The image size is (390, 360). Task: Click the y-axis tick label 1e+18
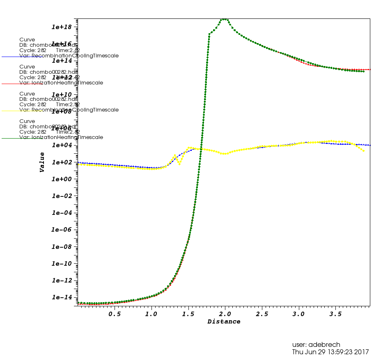point(62,27)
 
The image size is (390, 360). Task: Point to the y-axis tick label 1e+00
point(62,179)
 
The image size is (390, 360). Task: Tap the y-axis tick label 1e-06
point(62,230)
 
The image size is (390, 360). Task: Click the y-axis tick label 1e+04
point(62,146)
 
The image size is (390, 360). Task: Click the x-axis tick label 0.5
point(115,314)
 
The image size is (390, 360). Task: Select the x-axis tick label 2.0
point(225,314)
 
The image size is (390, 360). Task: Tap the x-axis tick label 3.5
point(335,314)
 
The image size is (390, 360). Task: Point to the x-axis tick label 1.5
point(188,314)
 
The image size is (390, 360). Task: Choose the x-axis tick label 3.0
point(298,314)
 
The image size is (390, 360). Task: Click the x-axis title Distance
point(224,322)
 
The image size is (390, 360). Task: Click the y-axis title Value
point(42,162)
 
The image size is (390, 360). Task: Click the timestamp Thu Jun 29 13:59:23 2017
point(330,352)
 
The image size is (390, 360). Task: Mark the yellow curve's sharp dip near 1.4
point(179,164)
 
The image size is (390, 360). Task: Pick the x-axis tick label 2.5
point(262,314)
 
